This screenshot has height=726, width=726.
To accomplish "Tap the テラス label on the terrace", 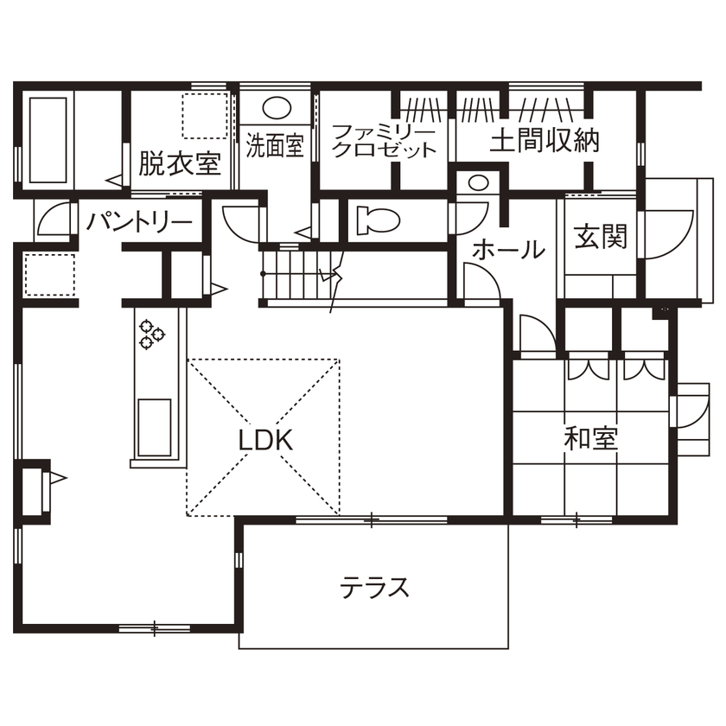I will (373, 588).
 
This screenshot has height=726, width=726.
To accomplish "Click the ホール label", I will (509, 250).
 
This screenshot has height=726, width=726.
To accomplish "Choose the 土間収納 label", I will (544, 141).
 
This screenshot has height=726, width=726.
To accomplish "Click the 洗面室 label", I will (274, 144).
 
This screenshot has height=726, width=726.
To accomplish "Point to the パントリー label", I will (139, 223).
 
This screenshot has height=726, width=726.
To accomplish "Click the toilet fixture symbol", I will (376, 219).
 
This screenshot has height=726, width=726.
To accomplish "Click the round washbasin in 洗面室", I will (277, 109).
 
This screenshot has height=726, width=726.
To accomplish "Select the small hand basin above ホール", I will (476, 182).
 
